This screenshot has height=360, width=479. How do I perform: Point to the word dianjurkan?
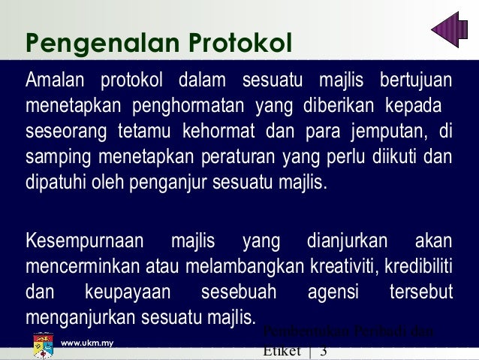point(347,242)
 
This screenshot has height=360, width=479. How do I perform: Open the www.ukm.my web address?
point(86,343)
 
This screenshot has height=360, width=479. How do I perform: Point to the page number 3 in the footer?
point(323,352)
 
